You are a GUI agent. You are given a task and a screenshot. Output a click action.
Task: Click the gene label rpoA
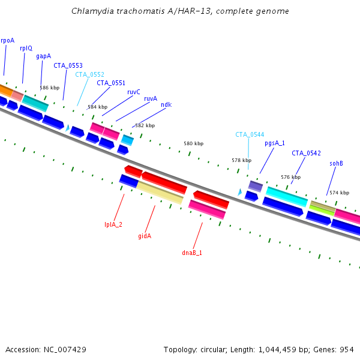coord(7,40)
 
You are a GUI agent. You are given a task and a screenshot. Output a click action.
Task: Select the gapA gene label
coord(43,56)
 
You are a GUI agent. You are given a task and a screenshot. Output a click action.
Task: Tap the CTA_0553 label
coord(68,65)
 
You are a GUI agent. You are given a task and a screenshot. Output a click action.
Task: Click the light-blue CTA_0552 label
coord(89,74)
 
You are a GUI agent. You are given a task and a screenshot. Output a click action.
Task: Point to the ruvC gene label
coord(133,92)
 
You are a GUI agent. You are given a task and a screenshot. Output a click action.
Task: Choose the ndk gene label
coord(166,104)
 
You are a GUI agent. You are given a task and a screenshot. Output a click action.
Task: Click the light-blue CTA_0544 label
coord(250,134)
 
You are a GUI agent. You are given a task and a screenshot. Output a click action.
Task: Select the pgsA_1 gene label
coord(275,143)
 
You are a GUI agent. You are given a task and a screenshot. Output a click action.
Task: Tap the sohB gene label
coord(336,163)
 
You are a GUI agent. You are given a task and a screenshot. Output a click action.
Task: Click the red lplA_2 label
coord(113,224)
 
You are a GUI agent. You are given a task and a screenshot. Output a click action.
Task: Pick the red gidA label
coord(145,236)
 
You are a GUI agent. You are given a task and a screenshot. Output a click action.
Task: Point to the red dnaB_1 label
coord(192,253)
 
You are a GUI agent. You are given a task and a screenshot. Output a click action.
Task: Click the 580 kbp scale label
coord(193,144)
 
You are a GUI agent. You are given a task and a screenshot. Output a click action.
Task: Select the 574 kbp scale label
coord(339,193)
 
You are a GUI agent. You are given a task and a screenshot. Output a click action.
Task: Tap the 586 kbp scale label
coord(49,88)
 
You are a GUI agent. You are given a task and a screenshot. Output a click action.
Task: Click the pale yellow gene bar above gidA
coord(160,193)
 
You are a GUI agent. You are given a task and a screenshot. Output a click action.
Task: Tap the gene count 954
coord(347,349)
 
